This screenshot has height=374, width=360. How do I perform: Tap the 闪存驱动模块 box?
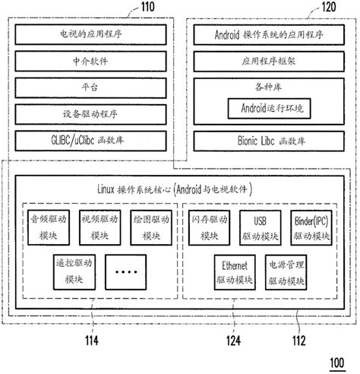pos(210,227)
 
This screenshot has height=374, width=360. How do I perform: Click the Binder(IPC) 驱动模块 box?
pos(309,227)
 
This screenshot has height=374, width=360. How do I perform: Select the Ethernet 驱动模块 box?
pos(234,272)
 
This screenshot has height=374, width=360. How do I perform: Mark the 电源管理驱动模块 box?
pos(286,272)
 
